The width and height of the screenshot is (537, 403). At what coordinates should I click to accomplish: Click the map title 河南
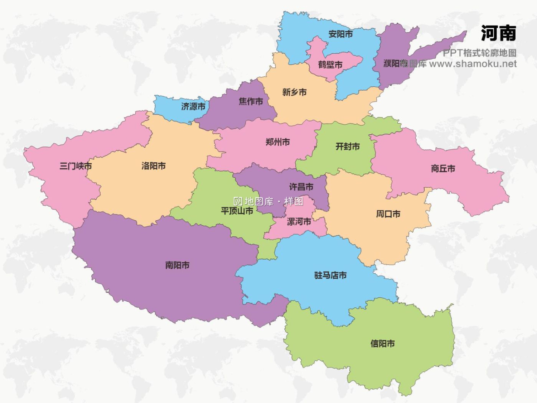coord(498,33)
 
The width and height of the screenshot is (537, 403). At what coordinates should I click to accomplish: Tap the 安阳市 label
coord(340,34)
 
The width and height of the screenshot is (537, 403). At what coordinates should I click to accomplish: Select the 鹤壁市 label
coord(330,65)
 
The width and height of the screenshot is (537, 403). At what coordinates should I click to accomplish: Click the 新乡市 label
coord(294,92)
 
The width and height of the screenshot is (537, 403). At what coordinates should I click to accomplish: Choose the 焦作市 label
coord(251,102)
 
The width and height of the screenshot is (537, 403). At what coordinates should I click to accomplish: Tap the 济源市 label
coord(193,106)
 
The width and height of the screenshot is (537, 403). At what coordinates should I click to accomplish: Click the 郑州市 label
coord(277,142)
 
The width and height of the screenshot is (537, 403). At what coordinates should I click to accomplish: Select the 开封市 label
coord(347,147)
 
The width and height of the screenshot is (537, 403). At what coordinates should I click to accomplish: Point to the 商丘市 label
coord(443,168)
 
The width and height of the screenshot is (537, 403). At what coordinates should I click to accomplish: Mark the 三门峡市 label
coord(76,166)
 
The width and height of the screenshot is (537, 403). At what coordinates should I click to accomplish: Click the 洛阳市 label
coord(153,166)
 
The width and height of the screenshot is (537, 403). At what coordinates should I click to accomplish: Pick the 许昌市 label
coord(301,187)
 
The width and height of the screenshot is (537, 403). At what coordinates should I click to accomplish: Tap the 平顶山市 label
coord(237,211)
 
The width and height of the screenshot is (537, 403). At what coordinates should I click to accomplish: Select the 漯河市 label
coord(299,222)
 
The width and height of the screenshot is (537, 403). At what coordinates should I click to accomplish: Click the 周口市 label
coord(388,214)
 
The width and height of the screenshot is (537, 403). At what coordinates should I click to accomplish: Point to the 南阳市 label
coord(177,265)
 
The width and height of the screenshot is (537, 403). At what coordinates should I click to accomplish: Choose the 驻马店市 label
coord(330,275)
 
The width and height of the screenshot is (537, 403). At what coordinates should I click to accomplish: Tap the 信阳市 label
coord(382,344)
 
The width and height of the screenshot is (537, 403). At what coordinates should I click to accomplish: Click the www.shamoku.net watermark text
coord(473,64)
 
